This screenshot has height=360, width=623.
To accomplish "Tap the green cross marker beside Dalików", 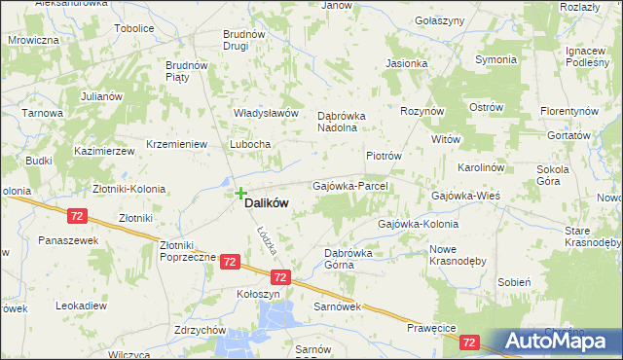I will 240,194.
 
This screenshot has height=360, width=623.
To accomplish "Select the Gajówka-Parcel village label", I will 350,185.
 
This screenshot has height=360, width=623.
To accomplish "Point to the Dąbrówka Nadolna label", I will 340,120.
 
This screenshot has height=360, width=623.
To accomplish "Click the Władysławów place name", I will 265,113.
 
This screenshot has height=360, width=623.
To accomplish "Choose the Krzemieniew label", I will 177,144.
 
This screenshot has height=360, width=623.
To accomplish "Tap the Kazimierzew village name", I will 103,153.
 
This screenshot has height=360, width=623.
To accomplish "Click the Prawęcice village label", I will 433,329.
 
